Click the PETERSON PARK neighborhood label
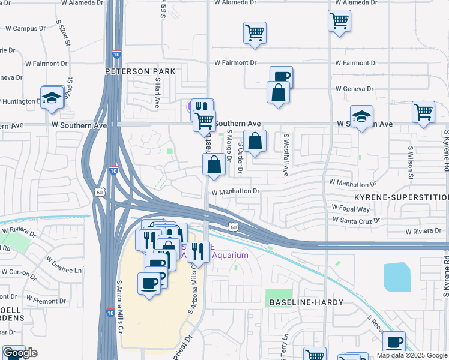(140, 71)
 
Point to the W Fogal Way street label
(351, 209)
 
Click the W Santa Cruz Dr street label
(356, 221)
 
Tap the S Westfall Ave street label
(286, 155)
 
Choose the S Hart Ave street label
(158, 92)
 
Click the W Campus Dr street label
(26, 28)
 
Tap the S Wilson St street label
(411, 163)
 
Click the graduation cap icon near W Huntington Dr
(52, 97)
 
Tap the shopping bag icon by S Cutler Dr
(255, 142)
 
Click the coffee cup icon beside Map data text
(394, 343)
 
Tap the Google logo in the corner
(20, 353)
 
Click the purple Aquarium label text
(226, 256)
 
